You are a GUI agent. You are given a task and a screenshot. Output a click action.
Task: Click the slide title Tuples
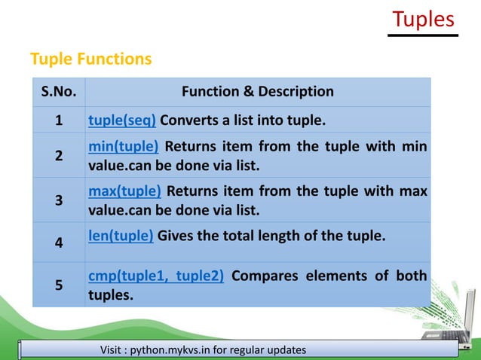(x=424, y=19)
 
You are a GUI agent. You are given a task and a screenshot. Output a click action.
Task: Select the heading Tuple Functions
(x=90, y=59)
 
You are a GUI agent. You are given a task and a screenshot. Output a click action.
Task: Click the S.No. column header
(x=59, y=92)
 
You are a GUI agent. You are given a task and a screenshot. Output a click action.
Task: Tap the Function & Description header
(x=257, y=92)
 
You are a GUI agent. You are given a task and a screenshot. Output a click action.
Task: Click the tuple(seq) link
(x=122, y=120)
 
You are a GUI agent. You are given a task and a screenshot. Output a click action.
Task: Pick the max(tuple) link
(x=124, y=191)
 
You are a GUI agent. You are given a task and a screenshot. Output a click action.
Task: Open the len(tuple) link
(x=121, y=236)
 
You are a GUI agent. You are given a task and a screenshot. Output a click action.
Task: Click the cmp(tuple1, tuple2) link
(x=155, y=276)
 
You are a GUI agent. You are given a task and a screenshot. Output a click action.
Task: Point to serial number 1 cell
(x=59, y=120)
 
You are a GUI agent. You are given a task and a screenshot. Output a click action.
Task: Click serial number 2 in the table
(x=59, y=156)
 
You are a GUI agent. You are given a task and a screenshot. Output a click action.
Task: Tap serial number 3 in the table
(x=59, y=201)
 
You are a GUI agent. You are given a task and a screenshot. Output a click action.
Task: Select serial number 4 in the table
(x=59, y=243)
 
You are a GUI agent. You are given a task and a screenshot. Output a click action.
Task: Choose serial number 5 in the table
(x=59, y=285)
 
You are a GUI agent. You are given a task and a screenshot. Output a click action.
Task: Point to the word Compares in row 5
(x=263, y=276)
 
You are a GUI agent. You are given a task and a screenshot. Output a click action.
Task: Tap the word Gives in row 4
(x=177, y=236)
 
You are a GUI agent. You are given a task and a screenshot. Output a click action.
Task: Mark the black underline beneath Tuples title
(x=424, y=35)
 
